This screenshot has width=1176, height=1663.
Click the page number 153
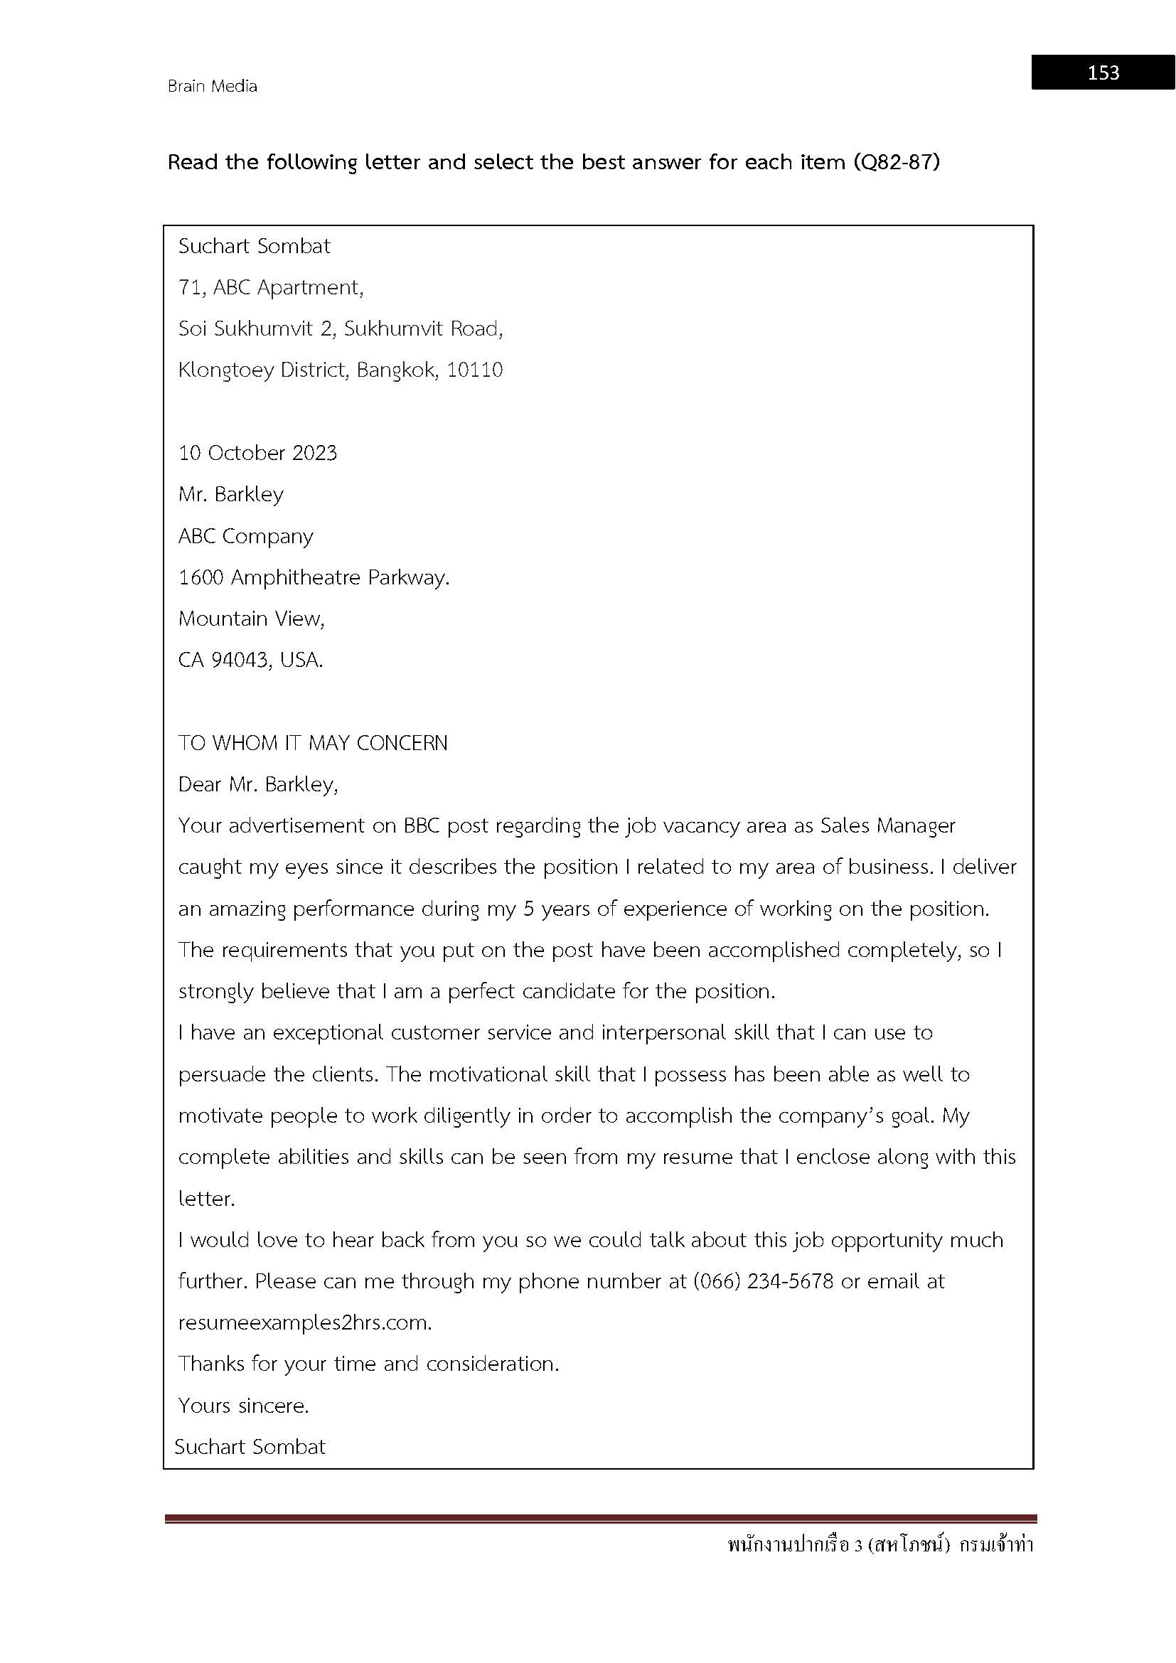(x=1102, y=73)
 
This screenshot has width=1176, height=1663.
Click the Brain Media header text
(x=212, y=86)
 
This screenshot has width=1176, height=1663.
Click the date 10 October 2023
(x=258, y=453)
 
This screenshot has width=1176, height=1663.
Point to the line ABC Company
(x=245, y=536)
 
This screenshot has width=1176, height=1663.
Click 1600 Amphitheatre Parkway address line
(x=314, y=577)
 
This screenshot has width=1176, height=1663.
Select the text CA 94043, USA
(x=250, y=660)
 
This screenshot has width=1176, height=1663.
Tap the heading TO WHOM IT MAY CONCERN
(x=313, y=742)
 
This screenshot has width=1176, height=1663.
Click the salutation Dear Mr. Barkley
(x=258, y=784)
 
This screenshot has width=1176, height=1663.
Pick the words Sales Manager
(x=887, y=825)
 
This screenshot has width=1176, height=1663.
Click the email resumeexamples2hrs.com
(x=304, y=1322)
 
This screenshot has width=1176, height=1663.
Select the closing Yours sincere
(x=243, y=1405)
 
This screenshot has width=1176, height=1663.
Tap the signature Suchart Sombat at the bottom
(x=250, y=1446)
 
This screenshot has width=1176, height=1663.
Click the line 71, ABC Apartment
(x=271, y=287)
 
